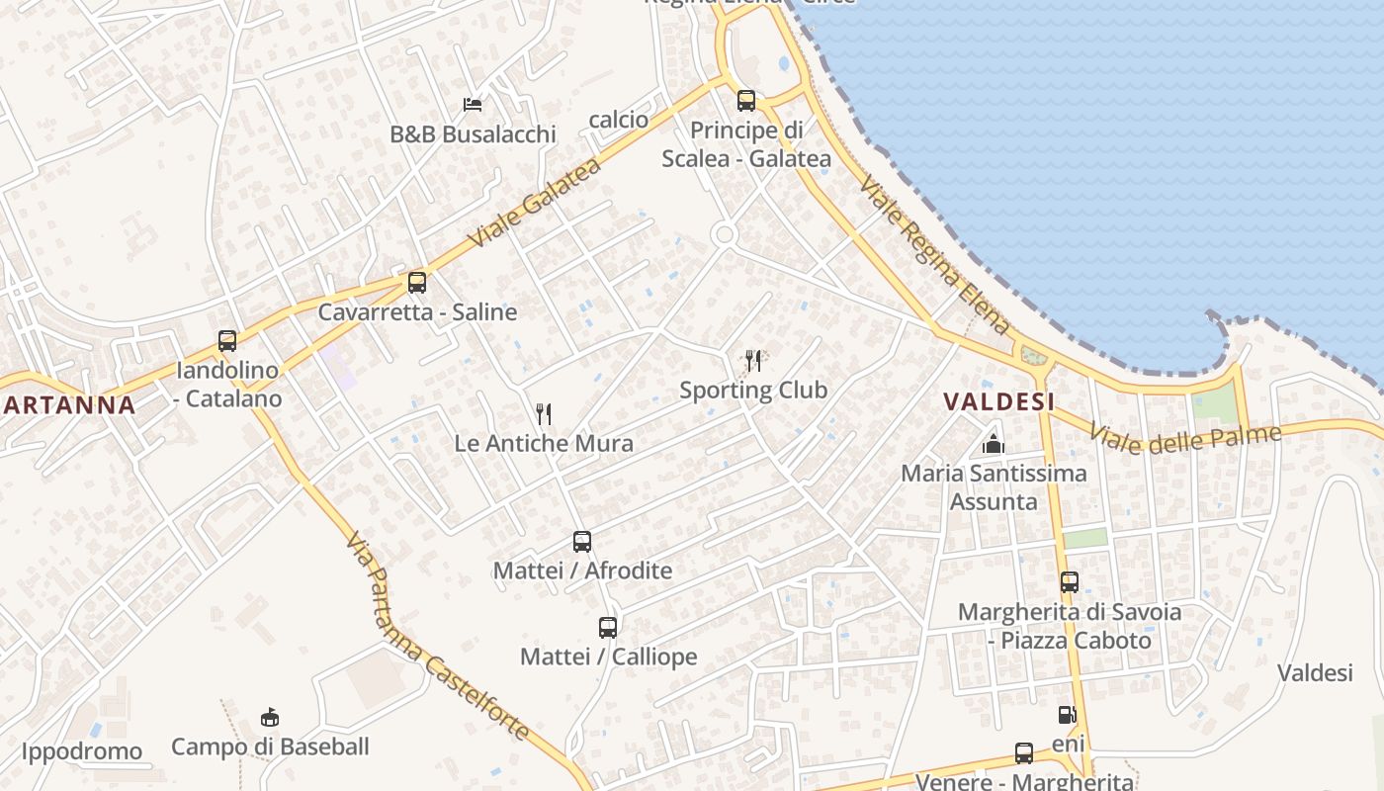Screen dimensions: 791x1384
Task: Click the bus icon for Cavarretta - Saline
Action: [x=417, y=283]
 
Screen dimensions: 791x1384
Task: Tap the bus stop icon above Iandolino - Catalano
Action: [x=227, y=341]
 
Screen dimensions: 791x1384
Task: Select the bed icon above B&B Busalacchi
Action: [x=473, y=105]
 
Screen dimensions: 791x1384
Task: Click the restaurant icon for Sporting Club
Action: [x=753, y=360]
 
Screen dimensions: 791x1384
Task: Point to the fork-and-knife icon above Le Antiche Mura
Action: [x=543, y=413]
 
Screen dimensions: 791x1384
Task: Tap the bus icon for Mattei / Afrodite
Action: [x=582, y=542]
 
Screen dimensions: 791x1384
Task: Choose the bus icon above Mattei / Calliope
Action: [x=608, y=628]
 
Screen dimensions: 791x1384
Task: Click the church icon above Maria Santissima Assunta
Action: [x=994, y=444]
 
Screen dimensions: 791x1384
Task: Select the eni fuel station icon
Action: [x=1067, y=715]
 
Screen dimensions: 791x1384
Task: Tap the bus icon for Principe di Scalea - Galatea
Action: [x=746, y=101]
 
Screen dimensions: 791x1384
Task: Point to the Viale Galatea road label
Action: [x=534, y=204]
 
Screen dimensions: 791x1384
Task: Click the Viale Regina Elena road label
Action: [x=934, y=255]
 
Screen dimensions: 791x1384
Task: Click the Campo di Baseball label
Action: [x=270, y=747]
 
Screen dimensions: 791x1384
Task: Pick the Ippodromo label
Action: [x=82, y=751]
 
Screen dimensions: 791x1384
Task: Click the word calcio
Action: [x=619, y=120]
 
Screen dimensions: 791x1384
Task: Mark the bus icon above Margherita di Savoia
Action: [x=1070, y=582]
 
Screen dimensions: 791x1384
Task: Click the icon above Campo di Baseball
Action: [x=269, y=717]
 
